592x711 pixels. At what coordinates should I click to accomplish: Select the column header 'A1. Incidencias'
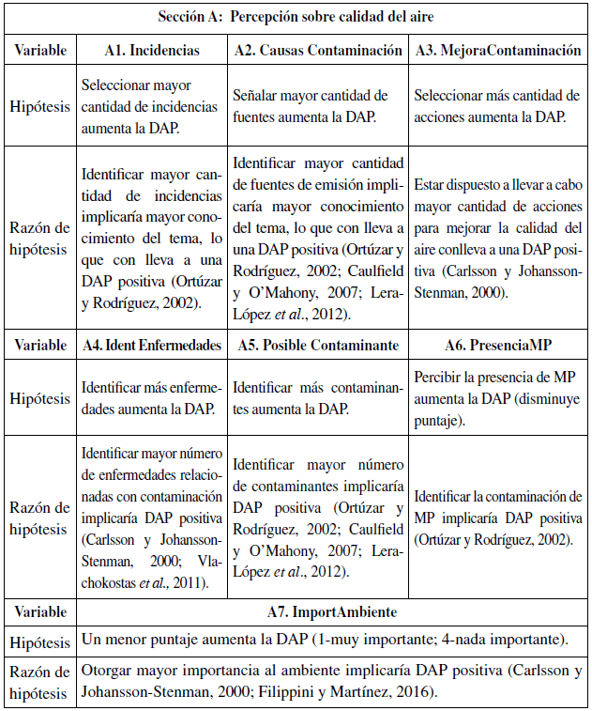pyautogui.click(x=151, y=51)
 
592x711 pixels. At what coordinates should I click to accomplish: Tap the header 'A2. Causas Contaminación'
pyautogui.click(x=318, y=51)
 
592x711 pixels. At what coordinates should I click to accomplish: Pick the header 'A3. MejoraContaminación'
pyautogui.click(x=498, y=51)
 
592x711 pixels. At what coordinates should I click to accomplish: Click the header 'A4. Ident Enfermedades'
pyautogui.click(x=151, y=345)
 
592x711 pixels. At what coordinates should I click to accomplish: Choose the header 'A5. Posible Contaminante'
pyautogui.click(x=318, y=345)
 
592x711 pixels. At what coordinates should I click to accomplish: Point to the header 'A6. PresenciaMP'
pyautogui.click(x=498, y=345)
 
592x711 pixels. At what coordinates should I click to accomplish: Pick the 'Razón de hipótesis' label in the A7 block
pyautogui.click(x=39, y=683)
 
